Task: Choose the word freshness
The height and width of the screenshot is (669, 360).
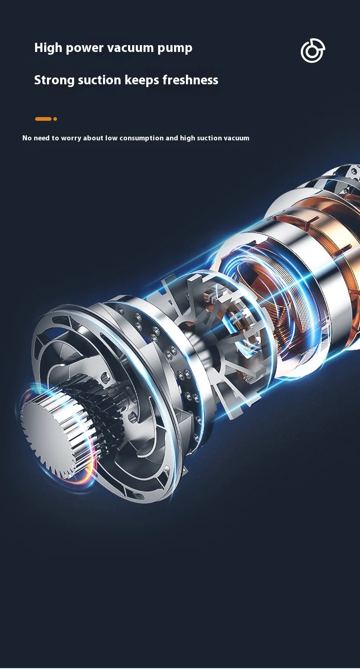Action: [x=190, y=80]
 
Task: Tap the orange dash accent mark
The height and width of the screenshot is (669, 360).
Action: [x=43, y=119]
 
